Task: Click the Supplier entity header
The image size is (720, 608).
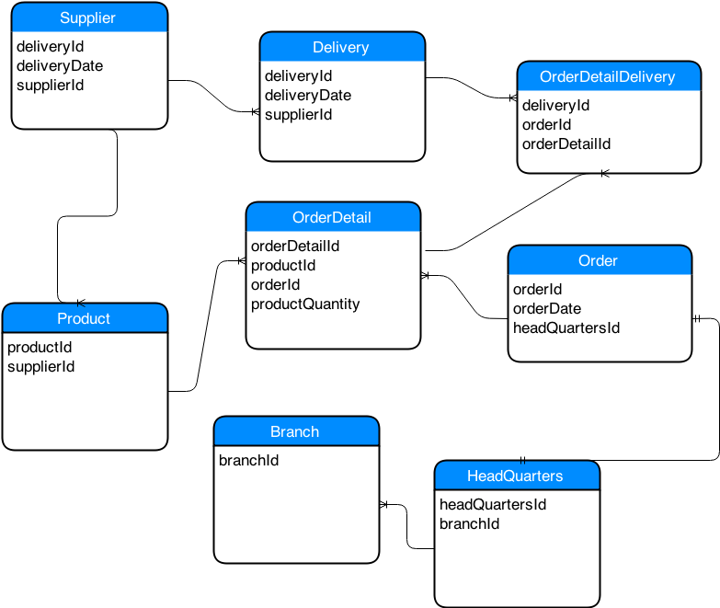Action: click(89, 18)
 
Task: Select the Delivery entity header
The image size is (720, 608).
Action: click(342, 48)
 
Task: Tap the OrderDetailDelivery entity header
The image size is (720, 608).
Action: click(609, 77)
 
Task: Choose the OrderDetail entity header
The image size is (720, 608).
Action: click(333, 218)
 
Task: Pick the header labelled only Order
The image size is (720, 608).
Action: click(600, 261)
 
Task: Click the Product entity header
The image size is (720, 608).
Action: click(85, 318)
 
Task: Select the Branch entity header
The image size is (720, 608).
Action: click(296, 431)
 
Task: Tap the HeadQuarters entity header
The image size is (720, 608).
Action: click(517, 476)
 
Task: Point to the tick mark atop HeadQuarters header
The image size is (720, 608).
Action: click(522, 461)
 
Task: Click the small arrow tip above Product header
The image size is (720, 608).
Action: click(81, 304)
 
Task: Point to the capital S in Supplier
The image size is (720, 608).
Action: click(64, 18)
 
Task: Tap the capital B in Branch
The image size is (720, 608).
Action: click(275, 432)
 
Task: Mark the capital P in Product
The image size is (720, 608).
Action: click(62, 319)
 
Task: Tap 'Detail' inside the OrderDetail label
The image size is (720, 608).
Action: click(351, 218)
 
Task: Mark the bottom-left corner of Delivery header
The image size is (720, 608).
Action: click(262, 61)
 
